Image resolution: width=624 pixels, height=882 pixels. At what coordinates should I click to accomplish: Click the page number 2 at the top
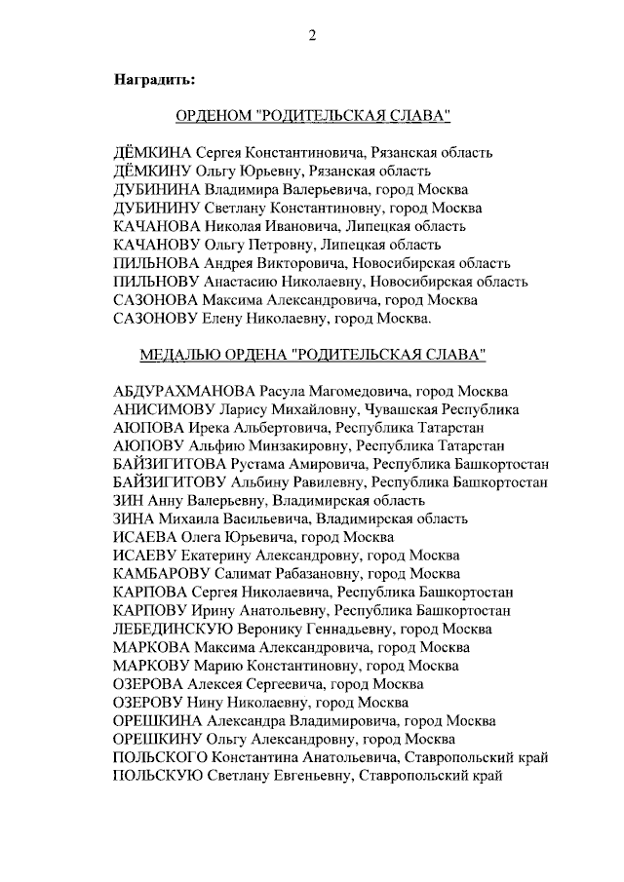[x=312, y=36]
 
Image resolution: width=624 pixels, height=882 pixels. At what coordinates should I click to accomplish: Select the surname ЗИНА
[x=135, y=519]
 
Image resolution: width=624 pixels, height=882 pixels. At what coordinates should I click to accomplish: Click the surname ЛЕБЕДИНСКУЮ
[x=172, y=630]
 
